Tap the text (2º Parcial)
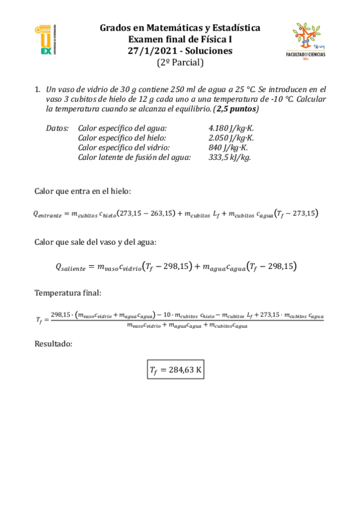point(180,62)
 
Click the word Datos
point(57,129)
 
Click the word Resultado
point(54,345)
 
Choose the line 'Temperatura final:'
point(68,293)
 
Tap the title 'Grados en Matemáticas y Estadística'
point(180,28)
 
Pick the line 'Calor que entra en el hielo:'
point(82,192)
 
